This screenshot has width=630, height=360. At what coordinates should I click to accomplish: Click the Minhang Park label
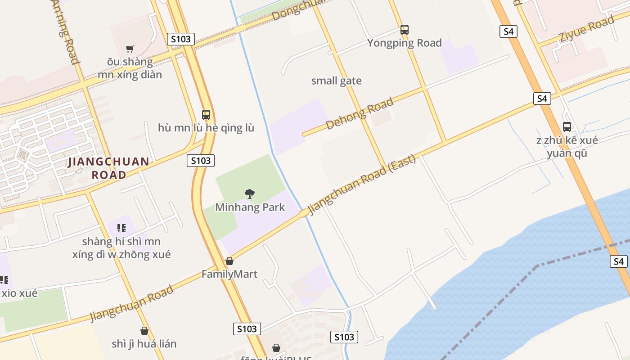point(250,207)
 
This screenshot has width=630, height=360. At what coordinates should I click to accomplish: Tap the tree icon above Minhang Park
point(249,194)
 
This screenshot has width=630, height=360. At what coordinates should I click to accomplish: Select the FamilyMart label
point(229,274)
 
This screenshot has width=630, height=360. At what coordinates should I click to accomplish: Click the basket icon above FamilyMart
point(229,261)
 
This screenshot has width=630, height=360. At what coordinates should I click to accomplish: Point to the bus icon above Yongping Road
point(405,30)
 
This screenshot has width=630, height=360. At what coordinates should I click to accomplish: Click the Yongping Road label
point(405,43)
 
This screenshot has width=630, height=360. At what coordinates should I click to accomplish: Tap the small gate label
point(337,81)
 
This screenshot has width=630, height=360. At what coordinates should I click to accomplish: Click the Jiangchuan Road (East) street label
point(355,184)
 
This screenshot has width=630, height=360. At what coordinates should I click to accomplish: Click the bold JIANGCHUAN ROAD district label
point(108,168)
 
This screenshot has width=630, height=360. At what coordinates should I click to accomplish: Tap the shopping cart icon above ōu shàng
point(130,49)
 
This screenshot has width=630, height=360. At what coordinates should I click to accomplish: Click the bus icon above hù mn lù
point(206,115)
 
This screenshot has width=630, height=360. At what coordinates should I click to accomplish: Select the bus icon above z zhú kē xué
point(567,127)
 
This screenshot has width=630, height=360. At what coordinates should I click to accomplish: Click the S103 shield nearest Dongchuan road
point(181,39)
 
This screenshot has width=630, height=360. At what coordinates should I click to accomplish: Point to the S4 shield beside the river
point(619,261)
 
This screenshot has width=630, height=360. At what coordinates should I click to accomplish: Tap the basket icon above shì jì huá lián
point(144,331)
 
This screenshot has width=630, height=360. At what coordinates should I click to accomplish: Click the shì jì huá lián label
point(144,344)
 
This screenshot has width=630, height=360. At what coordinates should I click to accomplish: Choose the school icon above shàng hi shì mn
point(121,228)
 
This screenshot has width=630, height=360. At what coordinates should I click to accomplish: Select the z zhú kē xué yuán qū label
point(567,147)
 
